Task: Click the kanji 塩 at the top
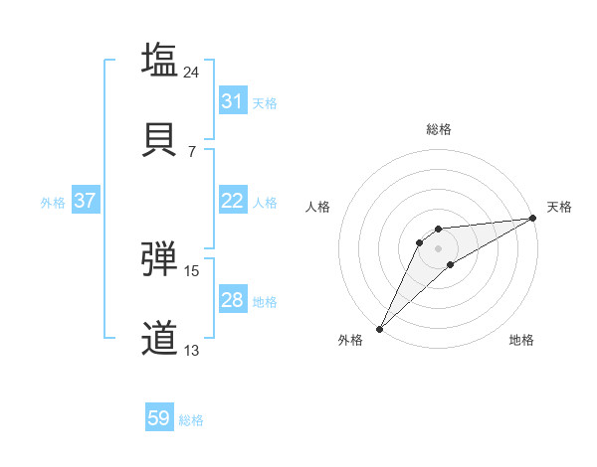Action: click(x=160, y=60)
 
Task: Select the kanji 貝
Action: click(x=160, y=139)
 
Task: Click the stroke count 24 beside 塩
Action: click(x=192, y=73)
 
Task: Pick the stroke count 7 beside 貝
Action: click(x=192, y=152)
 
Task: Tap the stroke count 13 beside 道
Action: click(x=192, y=351)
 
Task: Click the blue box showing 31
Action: click(x=232, y=101)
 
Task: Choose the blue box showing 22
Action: click(x=232, y=201)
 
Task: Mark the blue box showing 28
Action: click(x=232, y=300)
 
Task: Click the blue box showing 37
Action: click(x=85, y=201)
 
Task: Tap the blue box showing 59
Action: click(x=159, y=418)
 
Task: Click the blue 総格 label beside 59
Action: click(x=191, y=420)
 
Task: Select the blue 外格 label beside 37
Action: click(x=53, y=203)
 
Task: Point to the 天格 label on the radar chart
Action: click(x=559, y=207)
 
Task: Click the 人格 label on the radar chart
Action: click(x=317, y=207)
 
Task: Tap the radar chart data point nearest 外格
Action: click(x=379, y=328)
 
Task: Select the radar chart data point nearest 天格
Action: click(x=533, y=219)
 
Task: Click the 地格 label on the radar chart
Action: click(x=521, y=340)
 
